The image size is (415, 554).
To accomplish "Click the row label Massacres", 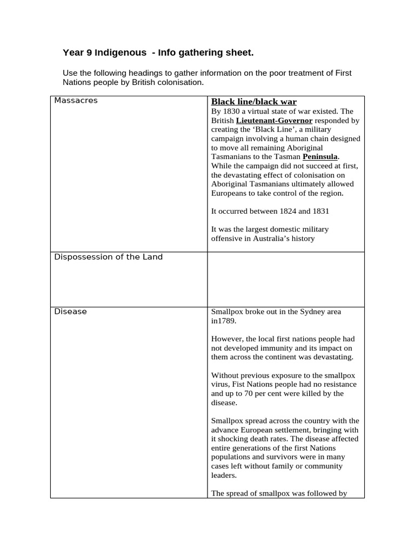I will (x=76, y=101).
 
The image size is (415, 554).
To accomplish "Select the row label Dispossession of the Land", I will (x=108, y=257).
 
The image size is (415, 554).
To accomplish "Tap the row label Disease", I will (x=70, y=312).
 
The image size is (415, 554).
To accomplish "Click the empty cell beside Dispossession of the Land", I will (x=285, y=279).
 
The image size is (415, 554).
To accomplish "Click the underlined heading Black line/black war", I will (x=253, y=102).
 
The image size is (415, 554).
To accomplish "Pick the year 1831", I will (x=319, y=211).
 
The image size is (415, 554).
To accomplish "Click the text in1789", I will (x=223, y=321).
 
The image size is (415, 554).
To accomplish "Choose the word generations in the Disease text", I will (x=258, y=448).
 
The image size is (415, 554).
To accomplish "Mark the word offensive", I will (x=227, y=238).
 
